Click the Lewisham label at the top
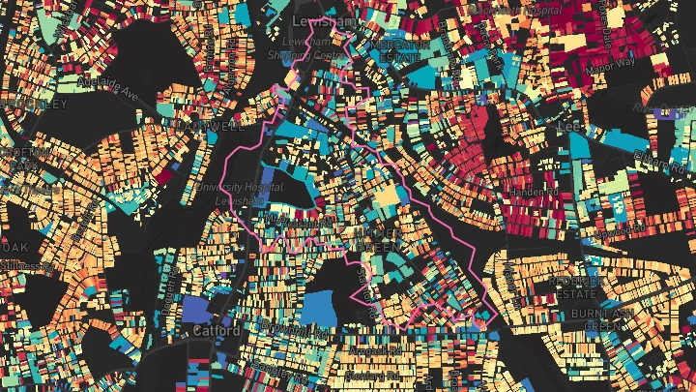coord(311,21)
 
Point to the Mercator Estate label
coord(398,51)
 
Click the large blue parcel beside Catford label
coord(196,310)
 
